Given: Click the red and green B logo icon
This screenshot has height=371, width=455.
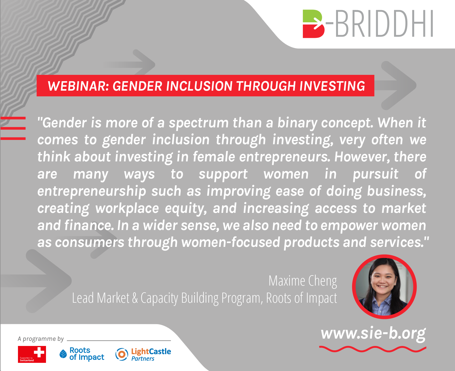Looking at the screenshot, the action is (x=314, y=24).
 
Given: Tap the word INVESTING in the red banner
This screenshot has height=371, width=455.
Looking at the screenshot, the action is (x=332, y=86).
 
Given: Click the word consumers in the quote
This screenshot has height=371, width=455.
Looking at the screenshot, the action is (x=90, y=242).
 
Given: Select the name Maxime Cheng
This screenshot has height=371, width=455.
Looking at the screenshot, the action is (x=303, y=281).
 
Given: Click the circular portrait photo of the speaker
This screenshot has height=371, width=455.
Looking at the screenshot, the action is (x=384, y=287).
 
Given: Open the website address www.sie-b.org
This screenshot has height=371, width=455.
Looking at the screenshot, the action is (x=373, y=334).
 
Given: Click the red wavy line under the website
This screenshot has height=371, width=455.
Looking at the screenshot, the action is (x=373, y=349).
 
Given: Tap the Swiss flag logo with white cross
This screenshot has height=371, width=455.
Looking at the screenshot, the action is (x=32, y=354).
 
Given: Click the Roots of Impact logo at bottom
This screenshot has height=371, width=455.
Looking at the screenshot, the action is (x=82, y=354).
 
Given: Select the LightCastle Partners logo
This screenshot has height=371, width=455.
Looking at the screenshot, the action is (x=143, y=354).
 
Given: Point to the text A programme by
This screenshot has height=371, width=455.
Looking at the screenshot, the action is (x=41, y=339).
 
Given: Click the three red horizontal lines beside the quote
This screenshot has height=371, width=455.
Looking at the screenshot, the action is (x=13, y=128).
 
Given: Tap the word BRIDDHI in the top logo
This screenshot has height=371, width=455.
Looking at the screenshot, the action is (x=384, y=24).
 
